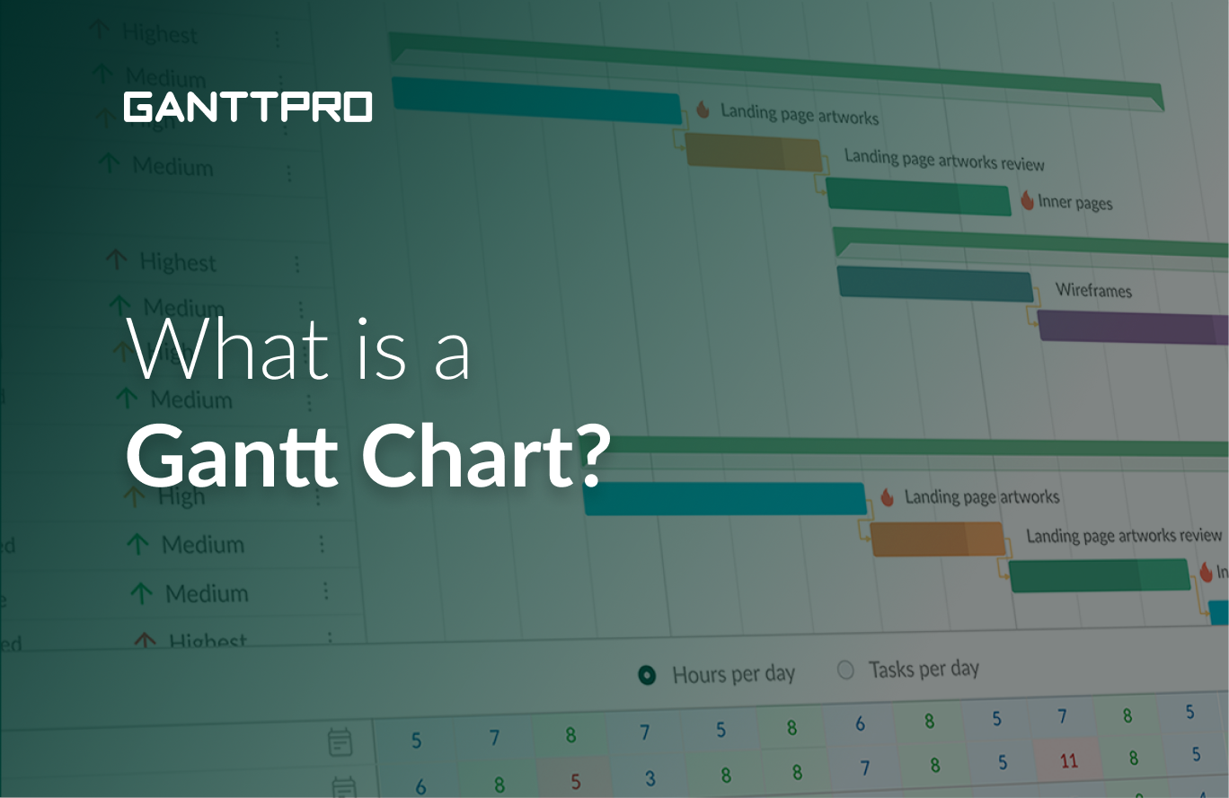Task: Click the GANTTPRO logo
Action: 248,107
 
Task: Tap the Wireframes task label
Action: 1093,290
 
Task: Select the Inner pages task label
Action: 1075,202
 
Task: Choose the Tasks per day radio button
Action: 845,670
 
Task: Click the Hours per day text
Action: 733,674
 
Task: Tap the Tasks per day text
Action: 924,669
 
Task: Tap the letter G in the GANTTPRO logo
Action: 139,107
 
